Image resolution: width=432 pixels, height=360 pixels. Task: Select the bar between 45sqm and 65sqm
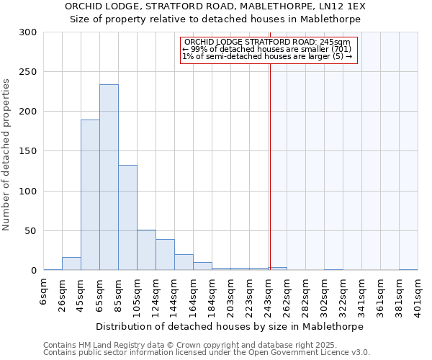click(x=90, y=195)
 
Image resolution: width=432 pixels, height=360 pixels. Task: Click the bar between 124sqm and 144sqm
click(x=165, y=255)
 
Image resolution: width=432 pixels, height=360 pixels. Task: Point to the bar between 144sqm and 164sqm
click(x=184, y=262)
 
